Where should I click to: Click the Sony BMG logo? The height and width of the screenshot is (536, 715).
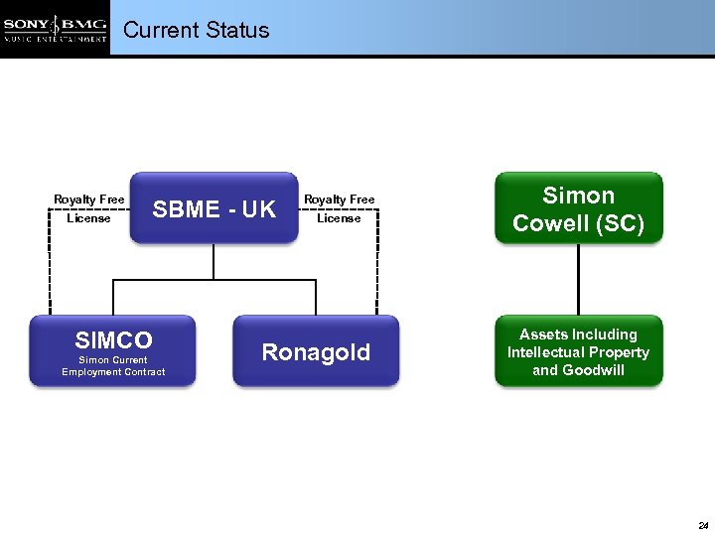point(55,29)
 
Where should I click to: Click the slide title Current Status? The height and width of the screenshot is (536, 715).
point(196,30)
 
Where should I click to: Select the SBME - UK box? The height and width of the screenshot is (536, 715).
point(214,209)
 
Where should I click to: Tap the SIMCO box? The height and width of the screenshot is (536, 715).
point(113,350)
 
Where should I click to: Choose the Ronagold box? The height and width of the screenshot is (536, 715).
point(316,351)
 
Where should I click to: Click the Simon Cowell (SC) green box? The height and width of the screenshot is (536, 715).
point(578,208)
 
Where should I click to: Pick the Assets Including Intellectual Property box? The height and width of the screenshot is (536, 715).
point(578,351)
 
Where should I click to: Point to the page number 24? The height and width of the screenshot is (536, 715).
point(702,524)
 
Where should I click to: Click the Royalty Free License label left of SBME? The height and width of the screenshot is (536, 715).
point(88,208)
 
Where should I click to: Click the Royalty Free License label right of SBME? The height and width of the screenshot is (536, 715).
point(339,208)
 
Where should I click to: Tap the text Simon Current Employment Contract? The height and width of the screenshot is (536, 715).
point(113,366)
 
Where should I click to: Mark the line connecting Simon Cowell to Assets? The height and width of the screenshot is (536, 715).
point(578,280)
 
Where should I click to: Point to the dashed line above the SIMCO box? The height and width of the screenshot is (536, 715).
point(49,268)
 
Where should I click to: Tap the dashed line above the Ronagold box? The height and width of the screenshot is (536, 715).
point(377,268)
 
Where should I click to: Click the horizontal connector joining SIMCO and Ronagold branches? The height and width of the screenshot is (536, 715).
point(214,281)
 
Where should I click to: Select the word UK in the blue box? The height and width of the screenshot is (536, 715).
point(258,209)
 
